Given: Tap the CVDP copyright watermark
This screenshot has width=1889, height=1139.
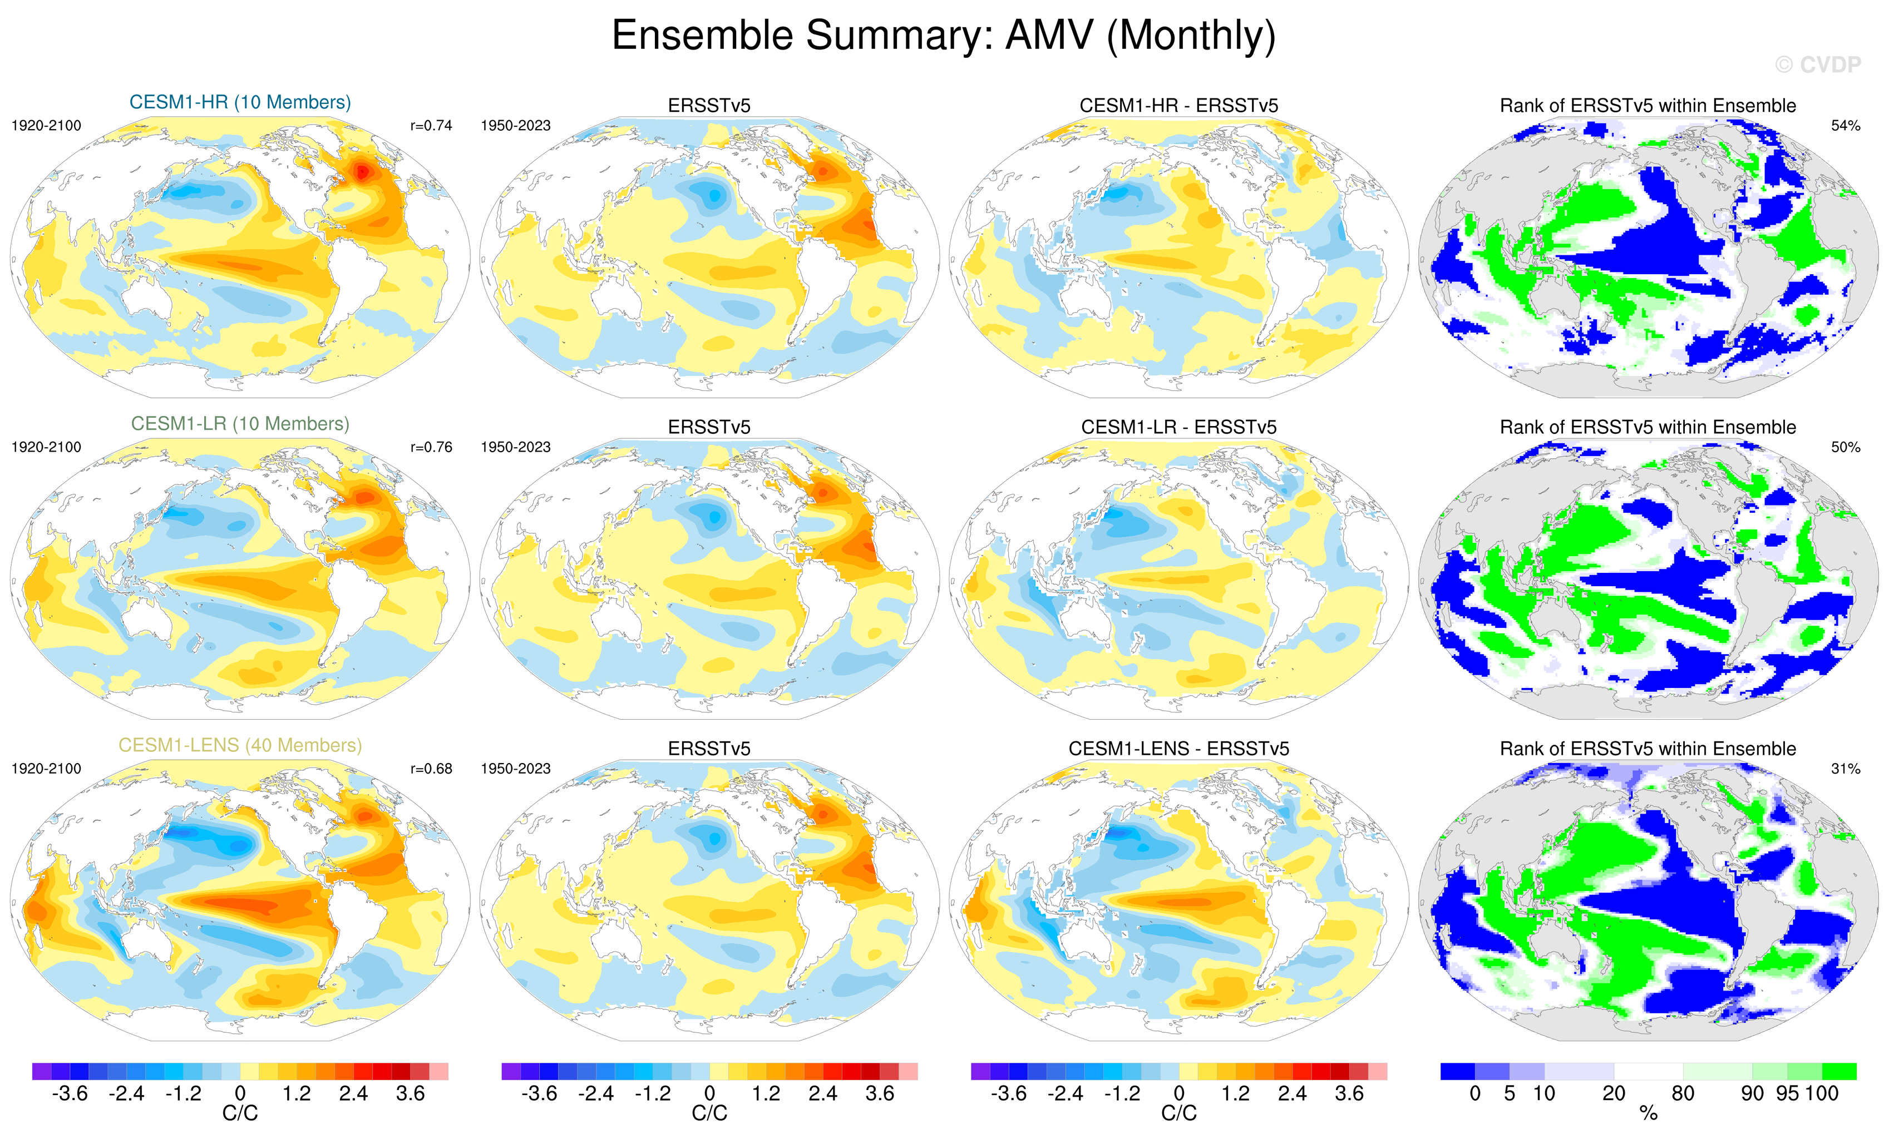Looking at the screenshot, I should click(1818, 65).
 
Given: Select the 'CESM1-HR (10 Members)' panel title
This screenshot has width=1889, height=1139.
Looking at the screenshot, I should click(240, 102).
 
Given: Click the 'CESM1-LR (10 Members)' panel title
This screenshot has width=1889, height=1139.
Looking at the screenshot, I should click(240, 424).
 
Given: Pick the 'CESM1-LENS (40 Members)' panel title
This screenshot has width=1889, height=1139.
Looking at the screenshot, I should click(240, 745).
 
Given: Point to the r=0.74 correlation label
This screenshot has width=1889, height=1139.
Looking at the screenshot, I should click(431, 126).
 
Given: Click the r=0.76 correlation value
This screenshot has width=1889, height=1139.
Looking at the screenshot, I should click(431, 447).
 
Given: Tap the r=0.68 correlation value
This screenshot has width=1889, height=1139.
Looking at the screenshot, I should click(431, 768).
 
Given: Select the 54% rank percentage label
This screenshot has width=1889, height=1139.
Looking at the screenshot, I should click(1845, 126).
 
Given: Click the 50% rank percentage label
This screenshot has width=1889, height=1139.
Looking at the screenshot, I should click(1845, 447).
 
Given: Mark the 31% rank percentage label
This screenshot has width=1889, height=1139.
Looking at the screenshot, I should click(1845, 768).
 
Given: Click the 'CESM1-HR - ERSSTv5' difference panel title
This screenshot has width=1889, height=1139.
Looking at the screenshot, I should click(1178, 106).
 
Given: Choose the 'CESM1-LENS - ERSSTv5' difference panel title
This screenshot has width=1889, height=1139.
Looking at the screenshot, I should click(1178, 749).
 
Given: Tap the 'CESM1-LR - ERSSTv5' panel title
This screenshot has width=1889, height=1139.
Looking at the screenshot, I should click(1178, 427).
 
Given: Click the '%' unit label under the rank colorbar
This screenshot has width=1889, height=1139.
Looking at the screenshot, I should click(1648, 1115).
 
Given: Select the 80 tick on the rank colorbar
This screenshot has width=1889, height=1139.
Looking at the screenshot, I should click(1683, 1094).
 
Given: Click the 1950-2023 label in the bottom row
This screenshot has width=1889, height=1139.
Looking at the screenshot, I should click(515, 768).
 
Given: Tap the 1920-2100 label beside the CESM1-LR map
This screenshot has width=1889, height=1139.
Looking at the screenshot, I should click(46, 447).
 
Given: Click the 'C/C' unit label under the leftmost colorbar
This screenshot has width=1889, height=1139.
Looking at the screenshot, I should click(240, 1114).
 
